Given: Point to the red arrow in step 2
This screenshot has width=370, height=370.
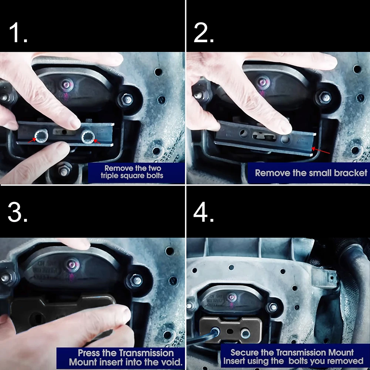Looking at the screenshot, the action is coord(321,151).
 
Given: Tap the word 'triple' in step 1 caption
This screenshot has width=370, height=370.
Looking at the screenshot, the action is coord(110,176).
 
